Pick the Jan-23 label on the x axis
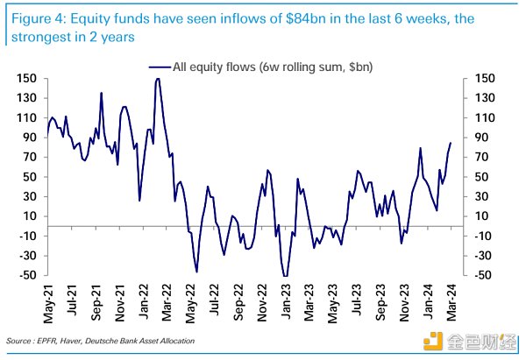pyautogui.click(x=286, y=302)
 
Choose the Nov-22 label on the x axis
pyautogui.click(x=263, y=302)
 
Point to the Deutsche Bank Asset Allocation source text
pyautogui.click(x=146, y=341)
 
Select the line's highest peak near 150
pyautogui.click(x=157, y=79)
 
